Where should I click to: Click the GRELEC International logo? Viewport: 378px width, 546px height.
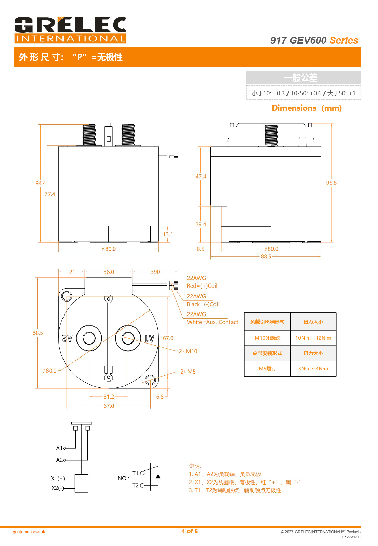[70, 30]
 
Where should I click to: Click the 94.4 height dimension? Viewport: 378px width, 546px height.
[40, 183]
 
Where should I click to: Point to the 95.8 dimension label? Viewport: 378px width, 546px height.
[331, 183]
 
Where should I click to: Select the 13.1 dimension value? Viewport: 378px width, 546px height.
[168, 234]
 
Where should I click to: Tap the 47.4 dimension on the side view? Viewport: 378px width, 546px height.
[201, 177]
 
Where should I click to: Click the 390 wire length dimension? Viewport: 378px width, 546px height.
[155, 272]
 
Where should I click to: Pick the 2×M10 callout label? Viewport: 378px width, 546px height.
[188, 351]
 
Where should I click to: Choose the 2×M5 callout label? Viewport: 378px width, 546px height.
[188, 372]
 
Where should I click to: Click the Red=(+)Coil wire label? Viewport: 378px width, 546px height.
[202, 286]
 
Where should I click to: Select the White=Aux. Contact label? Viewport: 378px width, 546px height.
[212, 322]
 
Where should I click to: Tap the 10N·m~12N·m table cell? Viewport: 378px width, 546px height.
[313, 338]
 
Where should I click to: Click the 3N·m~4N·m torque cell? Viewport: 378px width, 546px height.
[313, 369]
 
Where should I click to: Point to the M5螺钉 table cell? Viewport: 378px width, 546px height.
[267, 369]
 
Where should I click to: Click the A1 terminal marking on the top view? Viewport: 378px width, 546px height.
[150, 338]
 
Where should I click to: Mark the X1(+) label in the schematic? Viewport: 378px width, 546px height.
[57, 478]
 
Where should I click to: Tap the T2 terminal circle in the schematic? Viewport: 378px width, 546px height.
[142, 485]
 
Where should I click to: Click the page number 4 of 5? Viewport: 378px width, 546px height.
[190, 531]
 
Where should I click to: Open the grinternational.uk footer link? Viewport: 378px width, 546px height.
[29, 532]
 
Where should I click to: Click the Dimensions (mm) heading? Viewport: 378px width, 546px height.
[307, 108]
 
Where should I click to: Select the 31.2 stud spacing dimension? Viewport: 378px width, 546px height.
[109, 397]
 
